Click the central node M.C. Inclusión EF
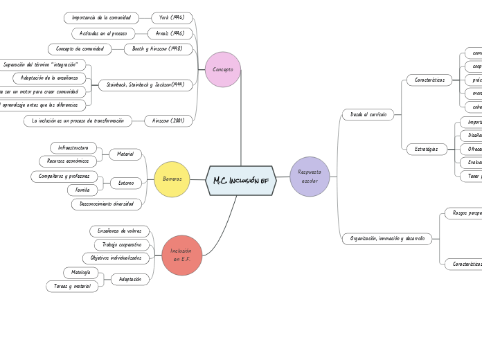pos(240,181)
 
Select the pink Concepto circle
pos(222,69)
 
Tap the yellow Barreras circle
pos(172,179)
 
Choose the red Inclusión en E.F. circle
pos(181,255)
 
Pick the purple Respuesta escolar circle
pos(310,177)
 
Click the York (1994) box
pos(172,18)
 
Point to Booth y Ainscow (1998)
pos(158,49)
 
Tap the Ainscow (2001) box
pos(168,120)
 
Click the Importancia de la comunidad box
pos(102,18)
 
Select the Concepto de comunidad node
pos(80,49)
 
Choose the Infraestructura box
pos(73,147)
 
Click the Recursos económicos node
pos(68,161)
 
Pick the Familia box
pos(82,190)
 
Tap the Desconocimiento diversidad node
pos(107,204)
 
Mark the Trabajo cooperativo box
pos(122,244)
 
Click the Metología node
pos(77,273)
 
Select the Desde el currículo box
pos(368,114)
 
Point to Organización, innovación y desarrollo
pos(387,239)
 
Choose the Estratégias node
pos(427,149)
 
